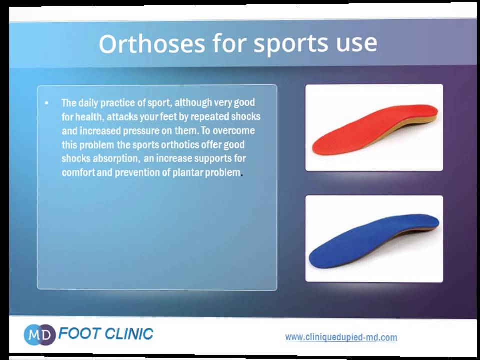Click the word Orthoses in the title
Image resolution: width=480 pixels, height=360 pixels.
[152, 44]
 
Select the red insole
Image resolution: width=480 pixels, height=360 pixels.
[375, 129]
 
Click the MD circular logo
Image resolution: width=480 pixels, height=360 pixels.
[39, 334]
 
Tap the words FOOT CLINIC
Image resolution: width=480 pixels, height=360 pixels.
[106, 334]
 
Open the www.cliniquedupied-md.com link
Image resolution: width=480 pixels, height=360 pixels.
[341, 337]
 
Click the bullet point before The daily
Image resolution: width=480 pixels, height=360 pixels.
[46, 103]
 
